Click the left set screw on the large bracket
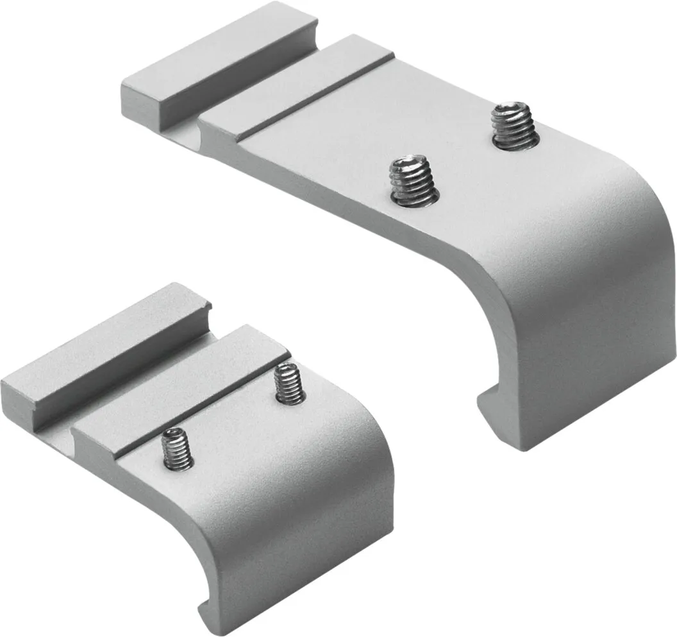coord(414,180)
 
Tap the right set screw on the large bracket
coord(512,126)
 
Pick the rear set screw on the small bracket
coord(289,384)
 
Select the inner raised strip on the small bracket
coord(180,385)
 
